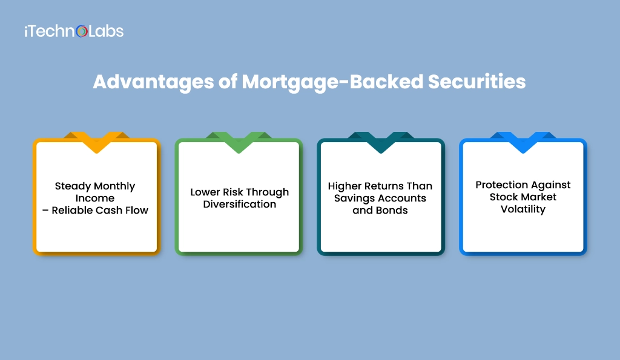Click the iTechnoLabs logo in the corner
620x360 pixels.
tap(73, 31)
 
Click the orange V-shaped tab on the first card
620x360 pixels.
tap(96, 142)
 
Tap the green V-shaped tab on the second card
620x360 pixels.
tap(239, 142)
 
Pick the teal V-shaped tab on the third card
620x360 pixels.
tap(381, 142)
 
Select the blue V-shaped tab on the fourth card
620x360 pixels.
tap(523, 142)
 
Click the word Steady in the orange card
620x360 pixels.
tap(73, 186)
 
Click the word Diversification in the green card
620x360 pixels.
tap(239, 205)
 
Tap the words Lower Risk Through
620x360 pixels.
tap(239, 192)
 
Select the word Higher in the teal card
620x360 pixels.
tap(346, 186)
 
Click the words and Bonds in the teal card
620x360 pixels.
tap(380, 211)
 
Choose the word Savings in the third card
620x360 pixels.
tap(354, 198)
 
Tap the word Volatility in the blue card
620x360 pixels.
tap(523, 209)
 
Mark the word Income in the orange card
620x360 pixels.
tap(95, 198)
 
